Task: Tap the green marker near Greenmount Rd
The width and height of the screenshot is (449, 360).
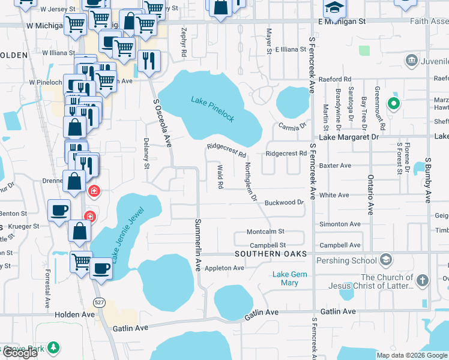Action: coord(393,104)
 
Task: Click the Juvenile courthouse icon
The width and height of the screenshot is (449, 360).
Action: coord(412,60)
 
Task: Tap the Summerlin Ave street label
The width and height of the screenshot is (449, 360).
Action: coord(197,244)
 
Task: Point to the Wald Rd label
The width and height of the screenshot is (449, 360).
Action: coord(220,177)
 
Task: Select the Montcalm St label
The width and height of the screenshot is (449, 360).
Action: coord(265,232)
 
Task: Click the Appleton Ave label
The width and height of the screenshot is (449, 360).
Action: coord(224,268)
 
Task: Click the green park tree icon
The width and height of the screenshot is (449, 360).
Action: coord(53,347)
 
